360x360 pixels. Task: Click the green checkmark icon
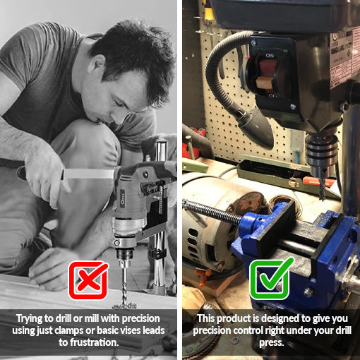(271, 280)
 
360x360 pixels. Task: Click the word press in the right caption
(271, 342)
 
